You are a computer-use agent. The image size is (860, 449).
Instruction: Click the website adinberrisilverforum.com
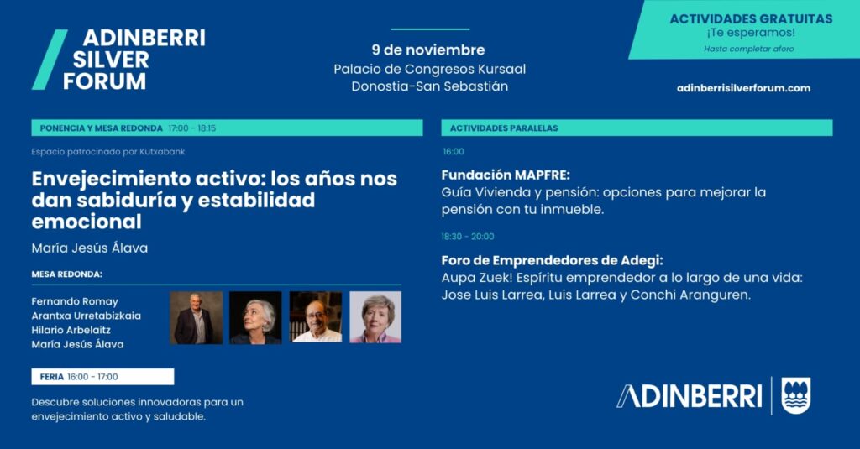click(x=743, y=88)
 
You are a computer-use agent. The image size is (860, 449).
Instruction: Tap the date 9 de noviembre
click(x=428, y=50)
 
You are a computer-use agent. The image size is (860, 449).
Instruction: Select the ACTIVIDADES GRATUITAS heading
click(x=751, y=18)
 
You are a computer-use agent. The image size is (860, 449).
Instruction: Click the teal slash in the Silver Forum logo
click(x=50, y=60)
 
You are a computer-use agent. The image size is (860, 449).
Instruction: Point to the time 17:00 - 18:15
click(x=192, y=128)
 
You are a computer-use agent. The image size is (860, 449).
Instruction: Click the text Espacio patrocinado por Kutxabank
click(x=108, y=152)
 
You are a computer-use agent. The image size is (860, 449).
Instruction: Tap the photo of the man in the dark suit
click(x=197, y=317)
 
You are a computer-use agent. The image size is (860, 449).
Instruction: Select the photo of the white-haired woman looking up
click(x=255, y=317)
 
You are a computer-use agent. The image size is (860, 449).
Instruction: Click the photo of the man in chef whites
click(x=316, y=317)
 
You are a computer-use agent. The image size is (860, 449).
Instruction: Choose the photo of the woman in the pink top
click(x=375, y=317)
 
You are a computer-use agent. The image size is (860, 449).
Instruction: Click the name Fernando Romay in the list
click(x=75, y=301)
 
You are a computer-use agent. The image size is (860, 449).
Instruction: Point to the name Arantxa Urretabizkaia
click(x=87, y=316)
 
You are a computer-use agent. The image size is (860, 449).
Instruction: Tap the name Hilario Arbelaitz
click(x=71, y=330)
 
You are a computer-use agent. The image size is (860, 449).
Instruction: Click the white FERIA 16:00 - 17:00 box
click(x=102, y=377)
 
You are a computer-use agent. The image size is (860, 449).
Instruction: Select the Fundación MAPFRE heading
click(x=506, y=175)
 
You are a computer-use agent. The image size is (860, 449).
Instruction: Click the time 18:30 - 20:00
click(x=468, y=237)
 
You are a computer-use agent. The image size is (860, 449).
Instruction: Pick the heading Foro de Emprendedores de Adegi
click(x=553, y=260)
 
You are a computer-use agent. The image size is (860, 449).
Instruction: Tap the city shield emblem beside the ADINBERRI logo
click(x=796, y=395)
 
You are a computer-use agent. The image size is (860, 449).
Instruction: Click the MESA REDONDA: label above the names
click(x=67, y=274)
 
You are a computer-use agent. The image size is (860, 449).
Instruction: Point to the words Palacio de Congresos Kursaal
click(x=429, y=69)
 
